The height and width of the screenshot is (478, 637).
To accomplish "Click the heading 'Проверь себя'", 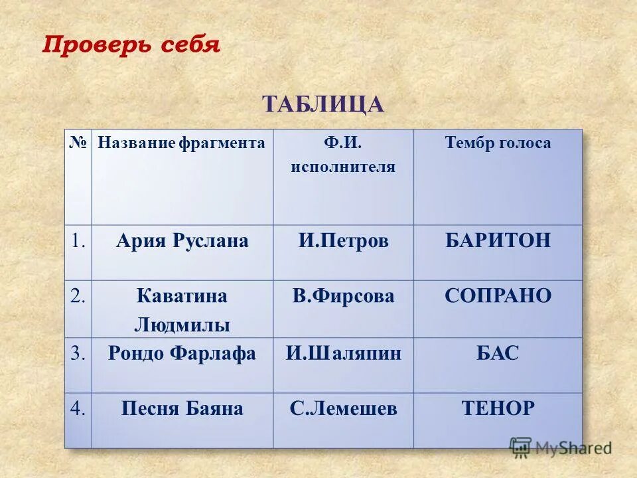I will (131, 44).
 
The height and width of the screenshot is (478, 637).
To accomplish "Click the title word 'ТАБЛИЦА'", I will (323, 104).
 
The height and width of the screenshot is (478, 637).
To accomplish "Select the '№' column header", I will (78, 143).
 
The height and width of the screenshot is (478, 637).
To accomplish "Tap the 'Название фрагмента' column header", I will (181, 143).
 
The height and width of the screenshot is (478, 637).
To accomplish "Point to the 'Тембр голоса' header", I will (498, 143).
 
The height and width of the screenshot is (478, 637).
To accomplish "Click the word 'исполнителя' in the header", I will (343, 167).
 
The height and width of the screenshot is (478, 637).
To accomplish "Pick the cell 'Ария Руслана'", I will (182, 241).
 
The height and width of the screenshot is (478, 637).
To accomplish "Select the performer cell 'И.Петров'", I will (343, 241).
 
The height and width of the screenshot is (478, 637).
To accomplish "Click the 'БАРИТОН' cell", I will (498, 240).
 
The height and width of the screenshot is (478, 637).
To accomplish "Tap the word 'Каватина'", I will (182, 296).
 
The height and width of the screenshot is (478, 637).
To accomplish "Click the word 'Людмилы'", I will (182, 325).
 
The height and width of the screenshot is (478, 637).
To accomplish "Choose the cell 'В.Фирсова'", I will (343, 296).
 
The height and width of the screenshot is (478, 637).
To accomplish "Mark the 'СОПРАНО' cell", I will (498, 296).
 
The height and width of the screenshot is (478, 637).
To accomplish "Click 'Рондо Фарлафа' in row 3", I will (182, 353).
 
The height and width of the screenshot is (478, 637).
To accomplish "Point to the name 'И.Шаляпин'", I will (343, 353).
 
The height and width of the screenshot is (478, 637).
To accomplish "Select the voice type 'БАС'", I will (498, 353).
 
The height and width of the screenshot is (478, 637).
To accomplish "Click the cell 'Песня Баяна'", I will (182, 409).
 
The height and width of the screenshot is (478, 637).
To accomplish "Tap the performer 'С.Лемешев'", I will (343, 409).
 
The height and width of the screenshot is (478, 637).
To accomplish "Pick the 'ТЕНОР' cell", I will (498, 409).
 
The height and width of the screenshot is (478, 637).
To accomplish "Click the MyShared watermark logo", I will (560, 447).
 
